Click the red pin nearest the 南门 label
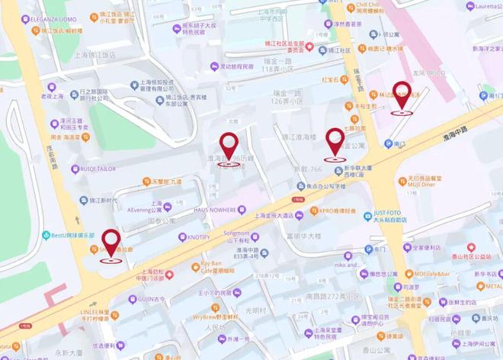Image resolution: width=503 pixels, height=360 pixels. pos(401,96)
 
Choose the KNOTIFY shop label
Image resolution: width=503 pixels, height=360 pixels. pos(204,237)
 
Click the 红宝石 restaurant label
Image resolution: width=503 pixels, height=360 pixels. pos(334,79)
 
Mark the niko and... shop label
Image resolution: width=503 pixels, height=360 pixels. pos(344,265)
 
